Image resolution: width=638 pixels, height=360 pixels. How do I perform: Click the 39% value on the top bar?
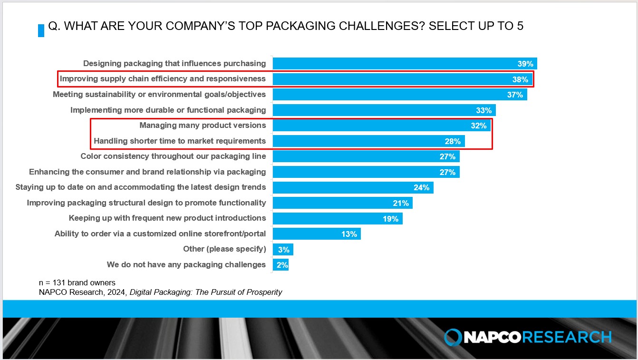(x=525, y=64)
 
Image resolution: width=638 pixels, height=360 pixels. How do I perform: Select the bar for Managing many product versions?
(x=380, y=126)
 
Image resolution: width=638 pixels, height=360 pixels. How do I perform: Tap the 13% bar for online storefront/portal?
(x=316, y=234)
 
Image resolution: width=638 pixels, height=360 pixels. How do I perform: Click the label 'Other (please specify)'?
(x=224, y=249)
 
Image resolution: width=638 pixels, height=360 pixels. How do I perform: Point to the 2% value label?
(x=282, y=265)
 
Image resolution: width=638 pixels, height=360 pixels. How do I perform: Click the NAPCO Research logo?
(x=528, y=337)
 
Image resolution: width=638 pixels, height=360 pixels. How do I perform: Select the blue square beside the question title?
(x=41, y=30)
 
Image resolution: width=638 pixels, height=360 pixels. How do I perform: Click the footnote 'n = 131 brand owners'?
(x=77, y=282)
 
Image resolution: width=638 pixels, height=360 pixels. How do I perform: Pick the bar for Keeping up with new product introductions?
(x=338, y=218)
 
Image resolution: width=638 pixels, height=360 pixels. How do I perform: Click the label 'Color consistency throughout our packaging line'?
(x=173, y=156)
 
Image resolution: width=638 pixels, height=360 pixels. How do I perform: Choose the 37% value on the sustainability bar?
(x=515, y=95)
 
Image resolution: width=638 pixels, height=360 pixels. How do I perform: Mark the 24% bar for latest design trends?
(x=353, y=187)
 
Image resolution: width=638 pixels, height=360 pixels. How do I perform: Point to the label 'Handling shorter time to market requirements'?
(x=180, y=141)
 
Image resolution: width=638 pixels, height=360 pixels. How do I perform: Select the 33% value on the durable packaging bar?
(x=483, y=110)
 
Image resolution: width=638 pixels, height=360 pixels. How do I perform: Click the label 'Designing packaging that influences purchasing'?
(x=174, y=63)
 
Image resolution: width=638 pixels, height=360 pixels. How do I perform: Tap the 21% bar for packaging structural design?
(x=342, y=203)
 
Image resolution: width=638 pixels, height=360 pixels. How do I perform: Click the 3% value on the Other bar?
(x=284, y=250)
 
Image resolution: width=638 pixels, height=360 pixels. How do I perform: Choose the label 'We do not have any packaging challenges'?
(x=186, y=264)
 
